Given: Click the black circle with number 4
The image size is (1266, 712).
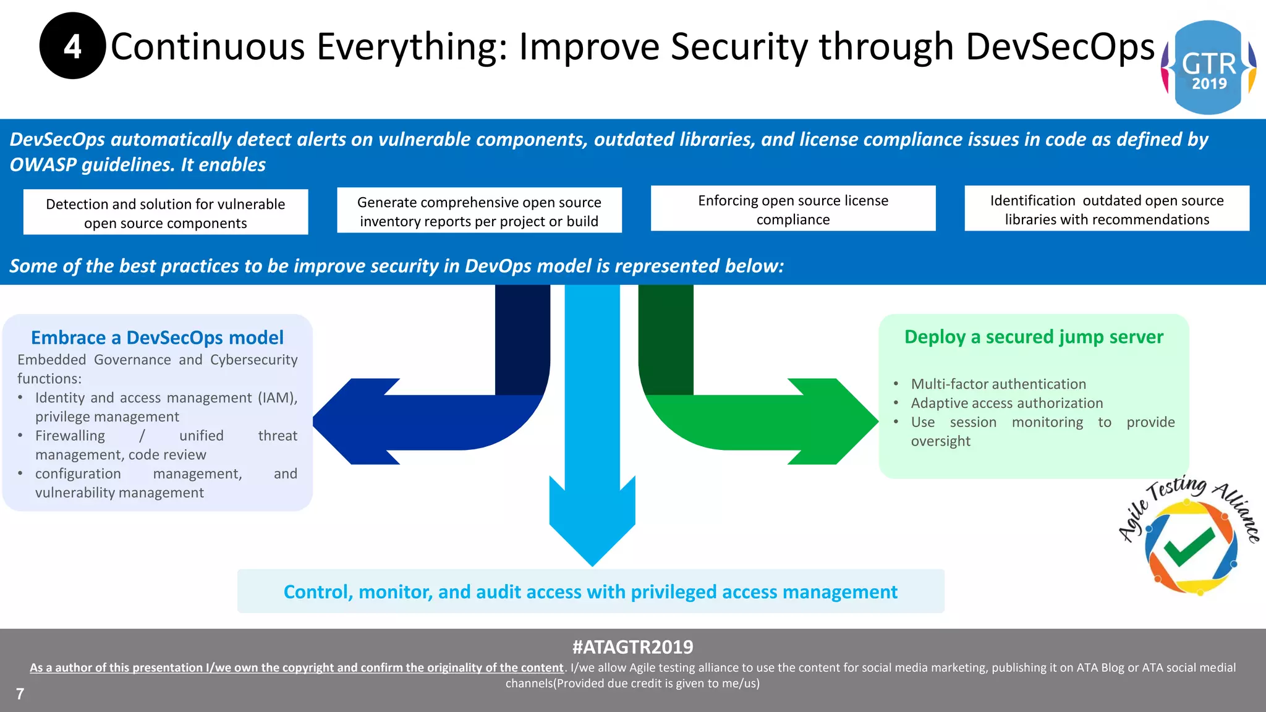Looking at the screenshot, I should (x=72, y=46).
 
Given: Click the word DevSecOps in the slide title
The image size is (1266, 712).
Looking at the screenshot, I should (x=1059, y=47).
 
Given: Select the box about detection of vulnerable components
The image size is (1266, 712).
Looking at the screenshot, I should (x=165, y=213).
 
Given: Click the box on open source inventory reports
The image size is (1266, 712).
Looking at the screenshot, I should (x=479, y=211).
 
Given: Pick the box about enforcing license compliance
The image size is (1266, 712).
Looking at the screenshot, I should (x=792, y=210).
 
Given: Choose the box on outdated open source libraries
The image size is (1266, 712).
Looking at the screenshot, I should (x=1107, y=210).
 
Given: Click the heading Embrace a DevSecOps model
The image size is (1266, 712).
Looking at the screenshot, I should (x=157, y=337).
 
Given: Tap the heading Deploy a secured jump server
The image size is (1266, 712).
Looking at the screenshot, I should (x=1034, y=337).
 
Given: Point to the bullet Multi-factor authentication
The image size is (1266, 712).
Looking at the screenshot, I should (x=998, y=384).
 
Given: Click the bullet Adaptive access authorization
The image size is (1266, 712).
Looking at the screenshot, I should (x=1006, y=403).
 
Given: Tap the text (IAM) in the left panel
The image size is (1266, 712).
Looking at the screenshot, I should (x=277, y=397).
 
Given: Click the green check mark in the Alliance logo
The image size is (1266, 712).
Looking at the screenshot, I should (x=1188, y=546).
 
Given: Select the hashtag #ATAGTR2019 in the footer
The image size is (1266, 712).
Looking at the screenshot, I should (x=632, y=647).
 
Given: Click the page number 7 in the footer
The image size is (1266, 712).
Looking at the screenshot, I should (x=20, y=694).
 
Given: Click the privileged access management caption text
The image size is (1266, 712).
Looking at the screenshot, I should (x=590, y=592).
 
